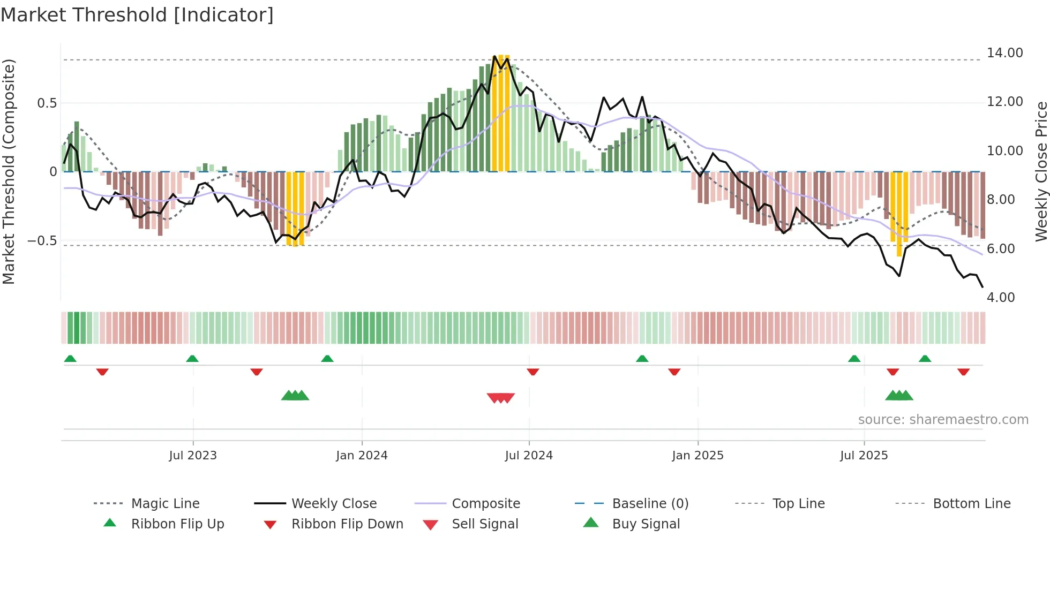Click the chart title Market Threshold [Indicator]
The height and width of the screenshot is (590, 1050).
(x=137, y=15)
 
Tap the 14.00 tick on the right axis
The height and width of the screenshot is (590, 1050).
(x=1004, y=53)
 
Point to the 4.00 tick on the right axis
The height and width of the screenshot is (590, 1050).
(x=1000, y=298)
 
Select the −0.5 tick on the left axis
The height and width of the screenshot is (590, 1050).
(x=42, y=241)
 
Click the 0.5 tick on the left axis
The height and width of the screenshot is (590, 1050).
(x=47, y=103)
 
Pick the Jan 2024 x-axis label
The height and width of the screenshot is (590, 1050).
(x=362, y=456)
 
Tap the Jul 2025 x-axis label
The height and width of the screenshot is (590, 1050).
(x=864, y=456)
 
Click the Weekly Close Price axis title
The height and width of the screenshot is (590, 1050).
(x=1041, y=171)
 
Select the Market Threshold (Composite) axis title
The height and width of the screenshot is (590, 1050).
(x=9, y=171)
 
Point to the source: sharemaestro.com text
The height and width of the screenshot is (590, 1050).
(x=943, y=420)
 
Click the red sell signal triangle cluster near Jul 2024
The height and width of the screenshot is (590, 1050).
(x=500, y=398)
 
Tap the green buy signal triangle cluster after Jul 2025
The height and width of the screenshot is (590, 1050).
(x=899, y=396)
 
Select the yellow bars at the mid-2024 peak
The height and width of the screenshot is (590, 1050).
(x=500, y=112)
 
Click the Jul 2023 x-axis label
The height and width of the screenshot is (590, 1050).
(x=193, y=456)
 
